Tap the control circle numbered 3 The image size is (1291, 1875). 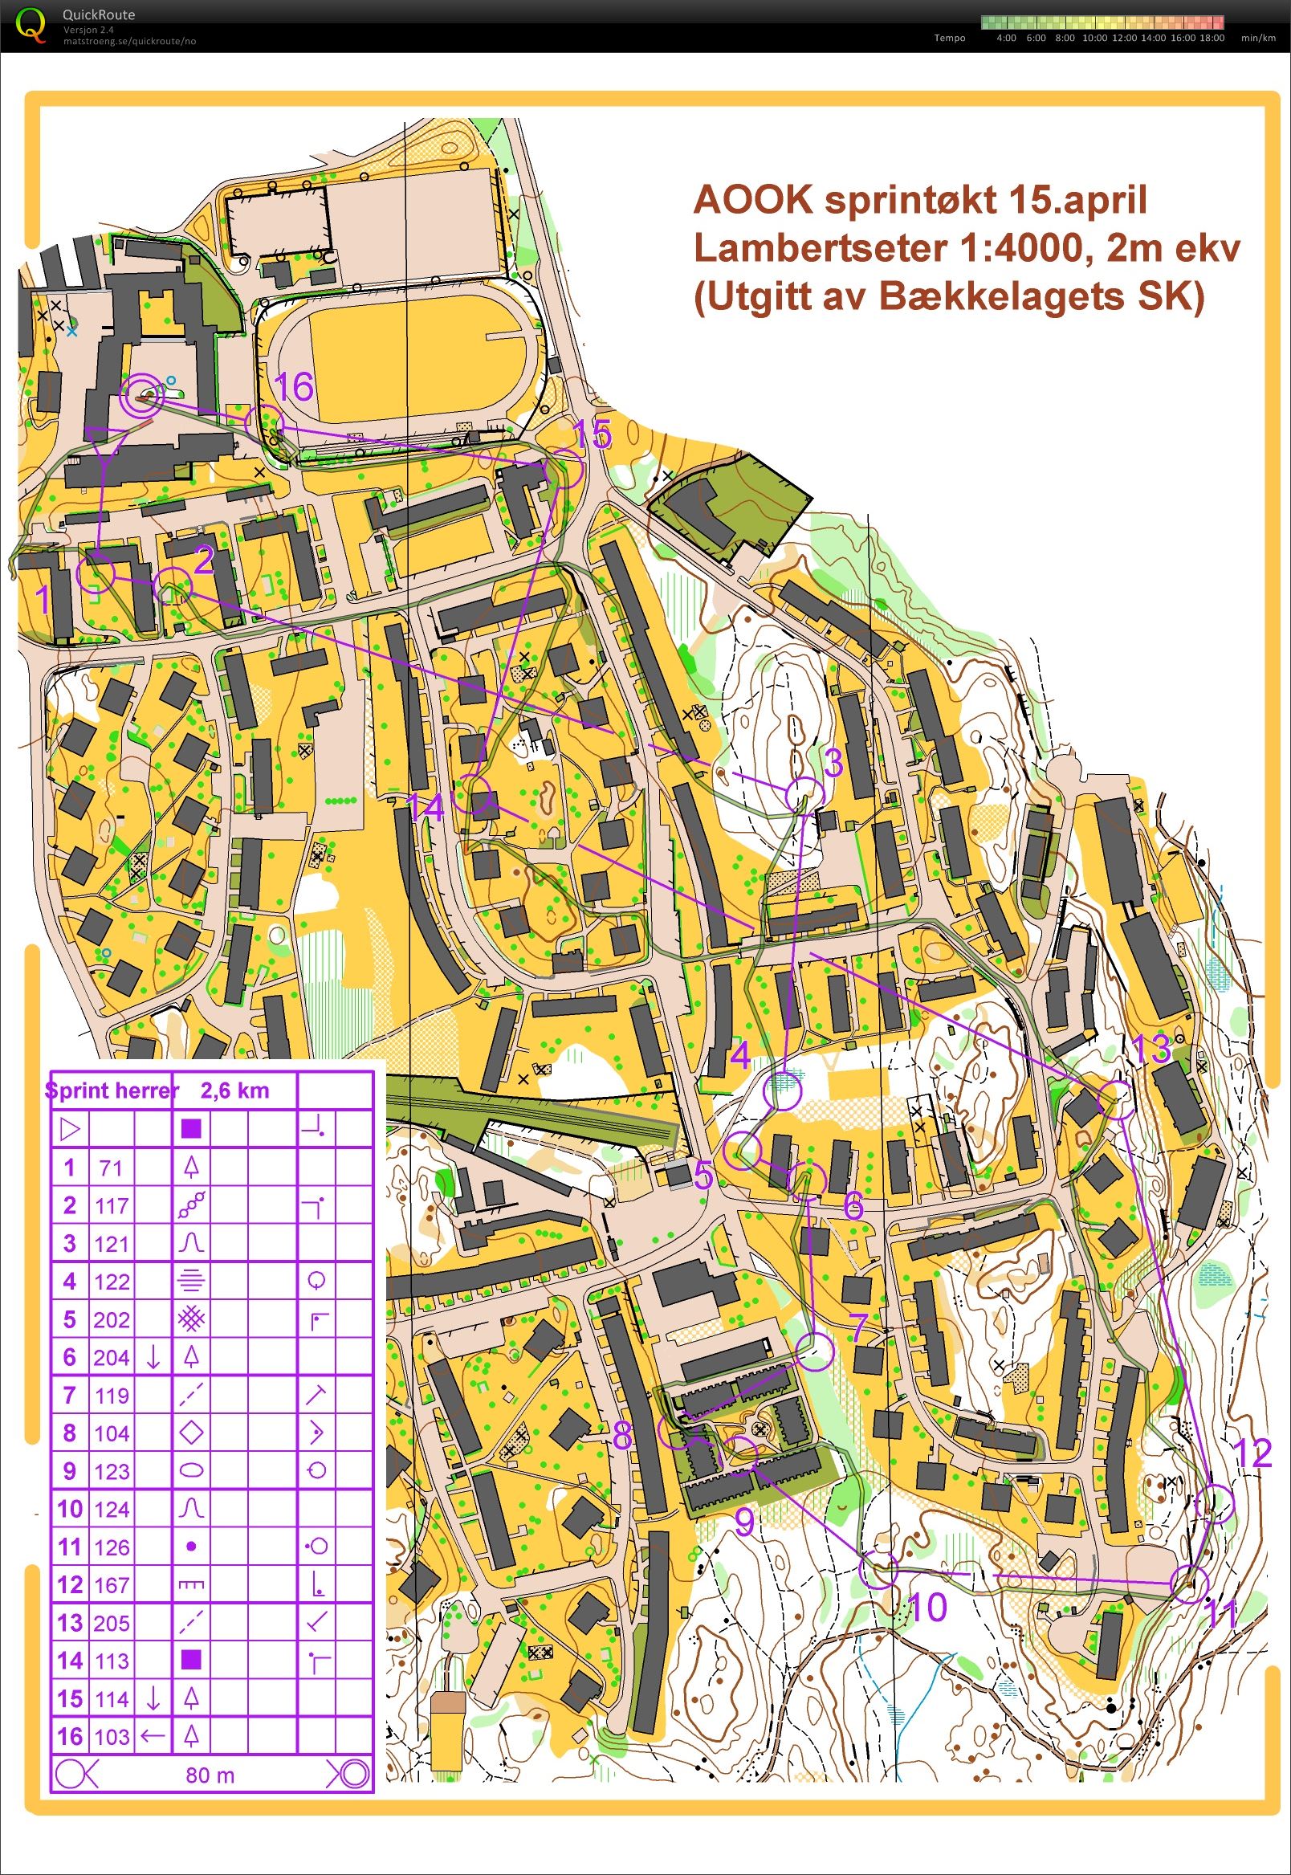pos(804,793)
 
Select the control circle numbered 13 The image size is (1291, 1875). pos(1118,1100)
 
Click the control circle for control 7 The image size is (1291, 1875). pos(816,1351)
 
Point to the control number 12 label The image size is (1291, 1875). pos(1255,1453)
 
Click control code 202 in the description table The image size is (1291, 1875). pos(111,1319)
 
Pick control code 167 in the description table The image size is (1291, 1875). pos(111,1584)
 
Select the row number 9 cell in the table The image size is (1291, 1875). pos(70,1471)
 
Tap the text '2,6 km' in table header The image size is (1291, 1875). pos(234,1090)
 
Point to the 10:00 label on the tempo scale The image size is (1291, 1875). pos(1094,38)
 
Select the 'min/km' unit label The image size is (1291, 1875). pos(1258,38)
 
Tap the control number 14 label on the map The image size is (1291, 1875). pos(426,806)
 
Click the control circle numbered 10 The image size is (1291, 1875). pos(879,1569)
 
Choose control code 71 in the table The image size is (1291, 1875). pos(111,1168)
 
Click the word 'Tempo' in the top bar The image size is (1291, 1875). pos(949,38)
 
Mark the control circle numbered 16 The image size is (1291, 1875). pos(264,422)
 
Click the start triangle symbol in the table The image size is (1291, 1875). pos(70,1129)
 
